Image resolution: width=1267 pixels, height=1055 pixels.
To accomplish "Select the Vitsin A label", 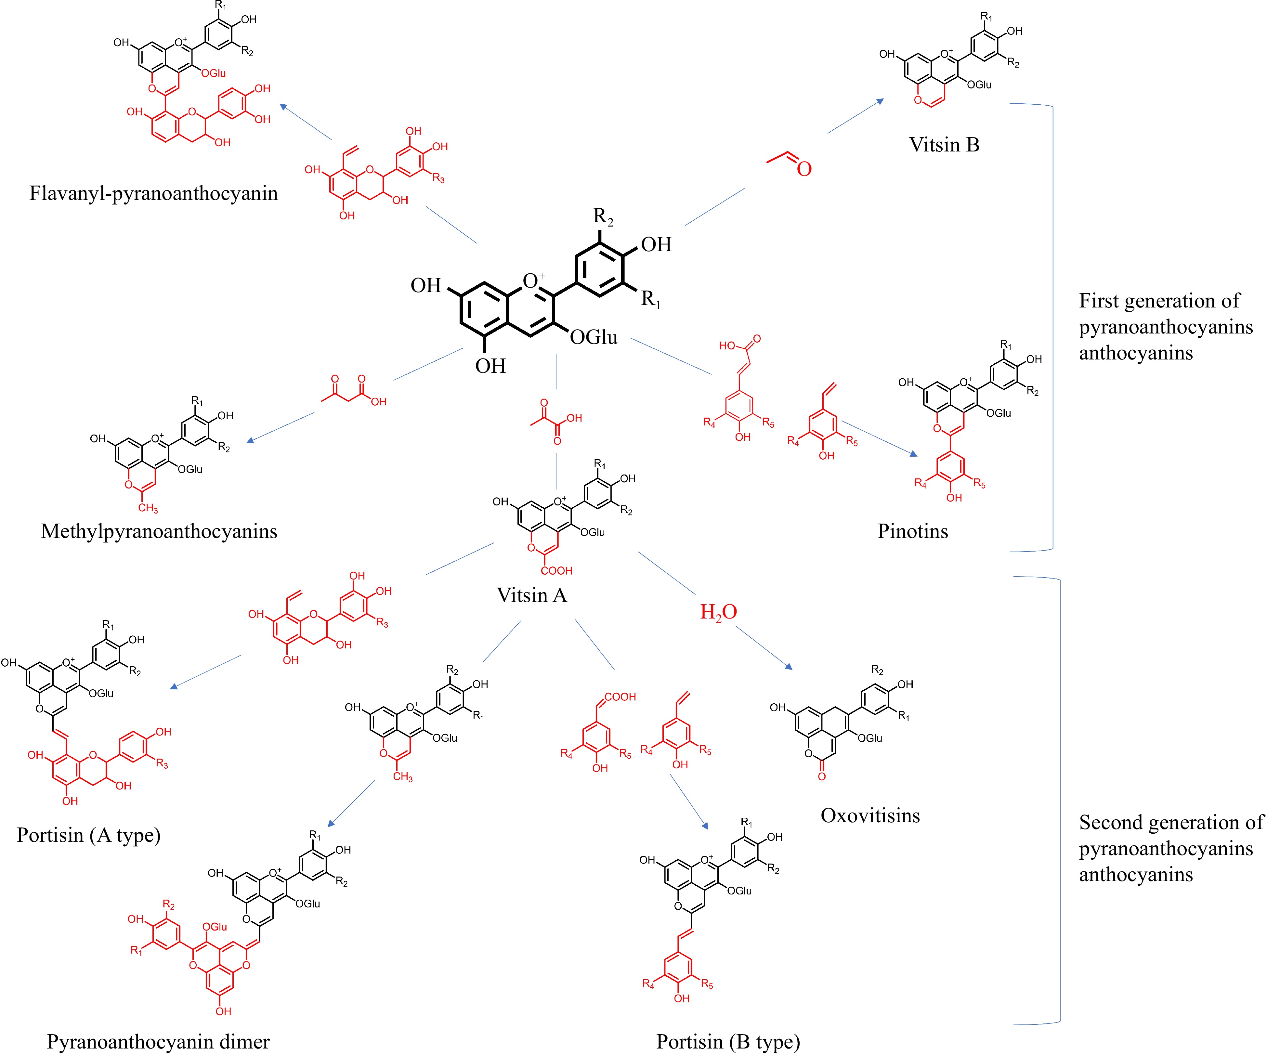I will pyautogui.click(x=531, y=595).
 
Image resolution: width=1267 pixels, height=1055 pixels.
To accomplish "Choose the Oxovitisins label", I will pyautogui.click(x=870, y=815).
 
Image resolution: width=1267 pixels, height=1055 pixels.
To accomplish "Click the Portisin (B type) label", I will pyautogui.click(x=728, y=1042).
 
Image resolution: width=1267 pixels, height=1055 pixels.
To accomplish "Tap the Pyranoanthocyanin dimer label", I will pyautogui.click(x=158, y=1042).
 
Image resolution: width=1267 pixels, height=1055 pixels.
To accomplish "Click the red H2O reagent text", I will pyautogui.click(x=718, y=612).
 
